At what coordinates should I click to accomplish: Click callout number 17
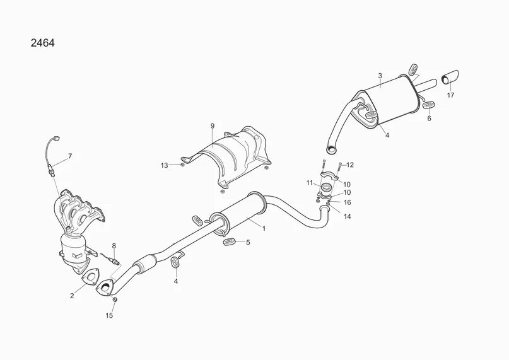point(450,95)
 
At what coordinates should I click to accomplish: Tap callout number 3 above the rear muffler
point(380,76)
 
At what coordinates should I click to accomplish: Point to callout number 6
point(430,118)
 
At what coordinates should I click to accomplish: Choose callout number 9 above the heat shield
point(213,126)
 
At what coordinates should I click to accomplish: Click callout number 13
point(164,165)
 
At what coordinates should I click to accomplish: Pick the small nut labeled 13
point(182,165)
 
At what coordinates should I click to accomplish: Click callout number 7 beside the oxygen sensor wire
point(70,155)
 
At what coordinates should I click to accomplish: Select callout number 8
point(114,245)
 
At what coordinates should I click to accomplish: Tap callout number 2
point(72,295)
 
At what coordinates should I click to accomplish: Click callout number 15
point(108,315)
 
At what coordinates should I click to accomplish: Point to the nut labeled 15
point(115,300)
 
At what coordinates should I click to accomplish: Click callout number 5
point(248,242)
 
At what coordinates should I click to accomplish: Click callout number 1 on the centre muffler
point(264,228)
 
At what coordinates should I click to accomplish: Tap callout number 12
point(350,165)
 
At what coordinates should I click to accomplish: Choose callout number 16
point(348,202)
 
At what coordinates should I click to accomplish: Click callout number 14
point(348,216)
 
